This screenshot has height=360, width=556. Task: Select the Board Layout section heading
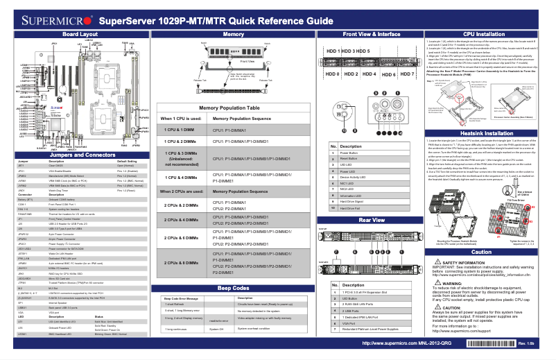click(80, 33)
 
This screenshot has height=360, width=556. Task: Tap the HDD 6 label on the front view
click(389, 74)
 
